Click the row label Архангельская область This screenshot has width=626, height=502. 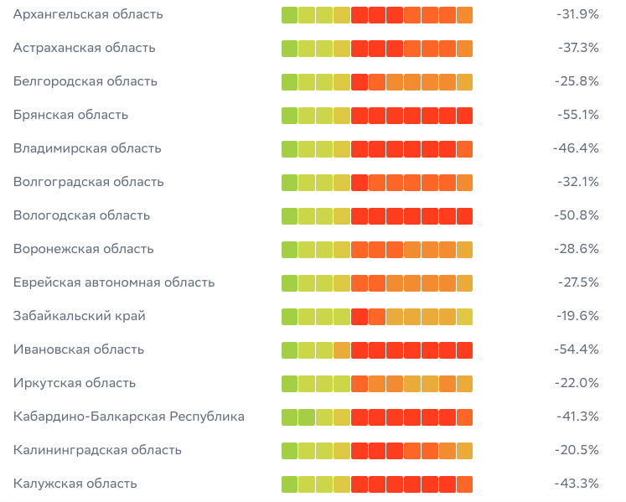[88, 15]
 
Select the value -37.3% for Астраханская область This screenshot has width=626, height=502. [577, 48]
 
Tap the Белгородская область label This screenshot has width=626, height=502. [85, 81]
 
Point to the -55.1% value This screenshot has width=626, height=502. [577, 115]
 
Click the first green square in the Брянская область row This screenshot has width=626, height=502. [289, 116]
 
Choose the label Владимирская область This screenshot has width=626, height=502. [87, 148]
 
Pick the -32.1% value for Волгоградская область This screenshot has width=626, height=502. [577, 182]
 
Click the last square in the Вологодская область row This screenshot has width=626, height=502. [464, 216]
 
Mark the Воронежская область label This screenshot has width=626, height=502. [83, 249]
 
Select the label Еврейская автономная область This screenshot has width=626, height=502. [114, 282]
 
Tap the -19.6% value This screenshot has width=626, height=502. [577, 316]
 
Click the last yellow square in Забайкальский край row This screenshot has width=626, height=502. [464, 317]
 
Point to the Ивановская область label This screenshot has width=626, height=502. [79, 349]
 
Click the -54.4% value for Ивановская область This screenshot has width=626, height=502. [577, 349]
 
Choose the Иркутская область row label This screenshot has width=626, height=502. [75, 383]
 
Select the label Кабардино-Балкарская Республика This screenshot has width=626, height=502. [129, 417]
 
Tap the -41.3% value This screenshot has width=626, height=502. [577, 417]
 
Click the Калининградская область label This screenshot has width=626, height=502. [97, 450]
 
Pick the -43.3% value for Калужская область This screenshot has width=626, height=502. [577, 484]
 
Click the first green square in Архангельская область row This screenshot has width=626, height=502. [289, 15]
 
